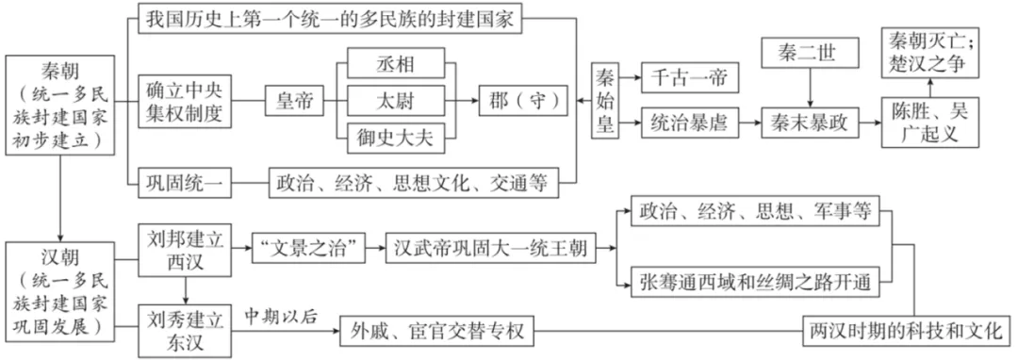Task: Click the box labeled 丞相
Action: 396,64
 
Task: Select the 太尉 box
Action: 396,99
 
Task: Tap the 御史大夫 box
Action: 396,134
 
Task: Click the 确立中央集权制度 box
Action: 184,99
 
